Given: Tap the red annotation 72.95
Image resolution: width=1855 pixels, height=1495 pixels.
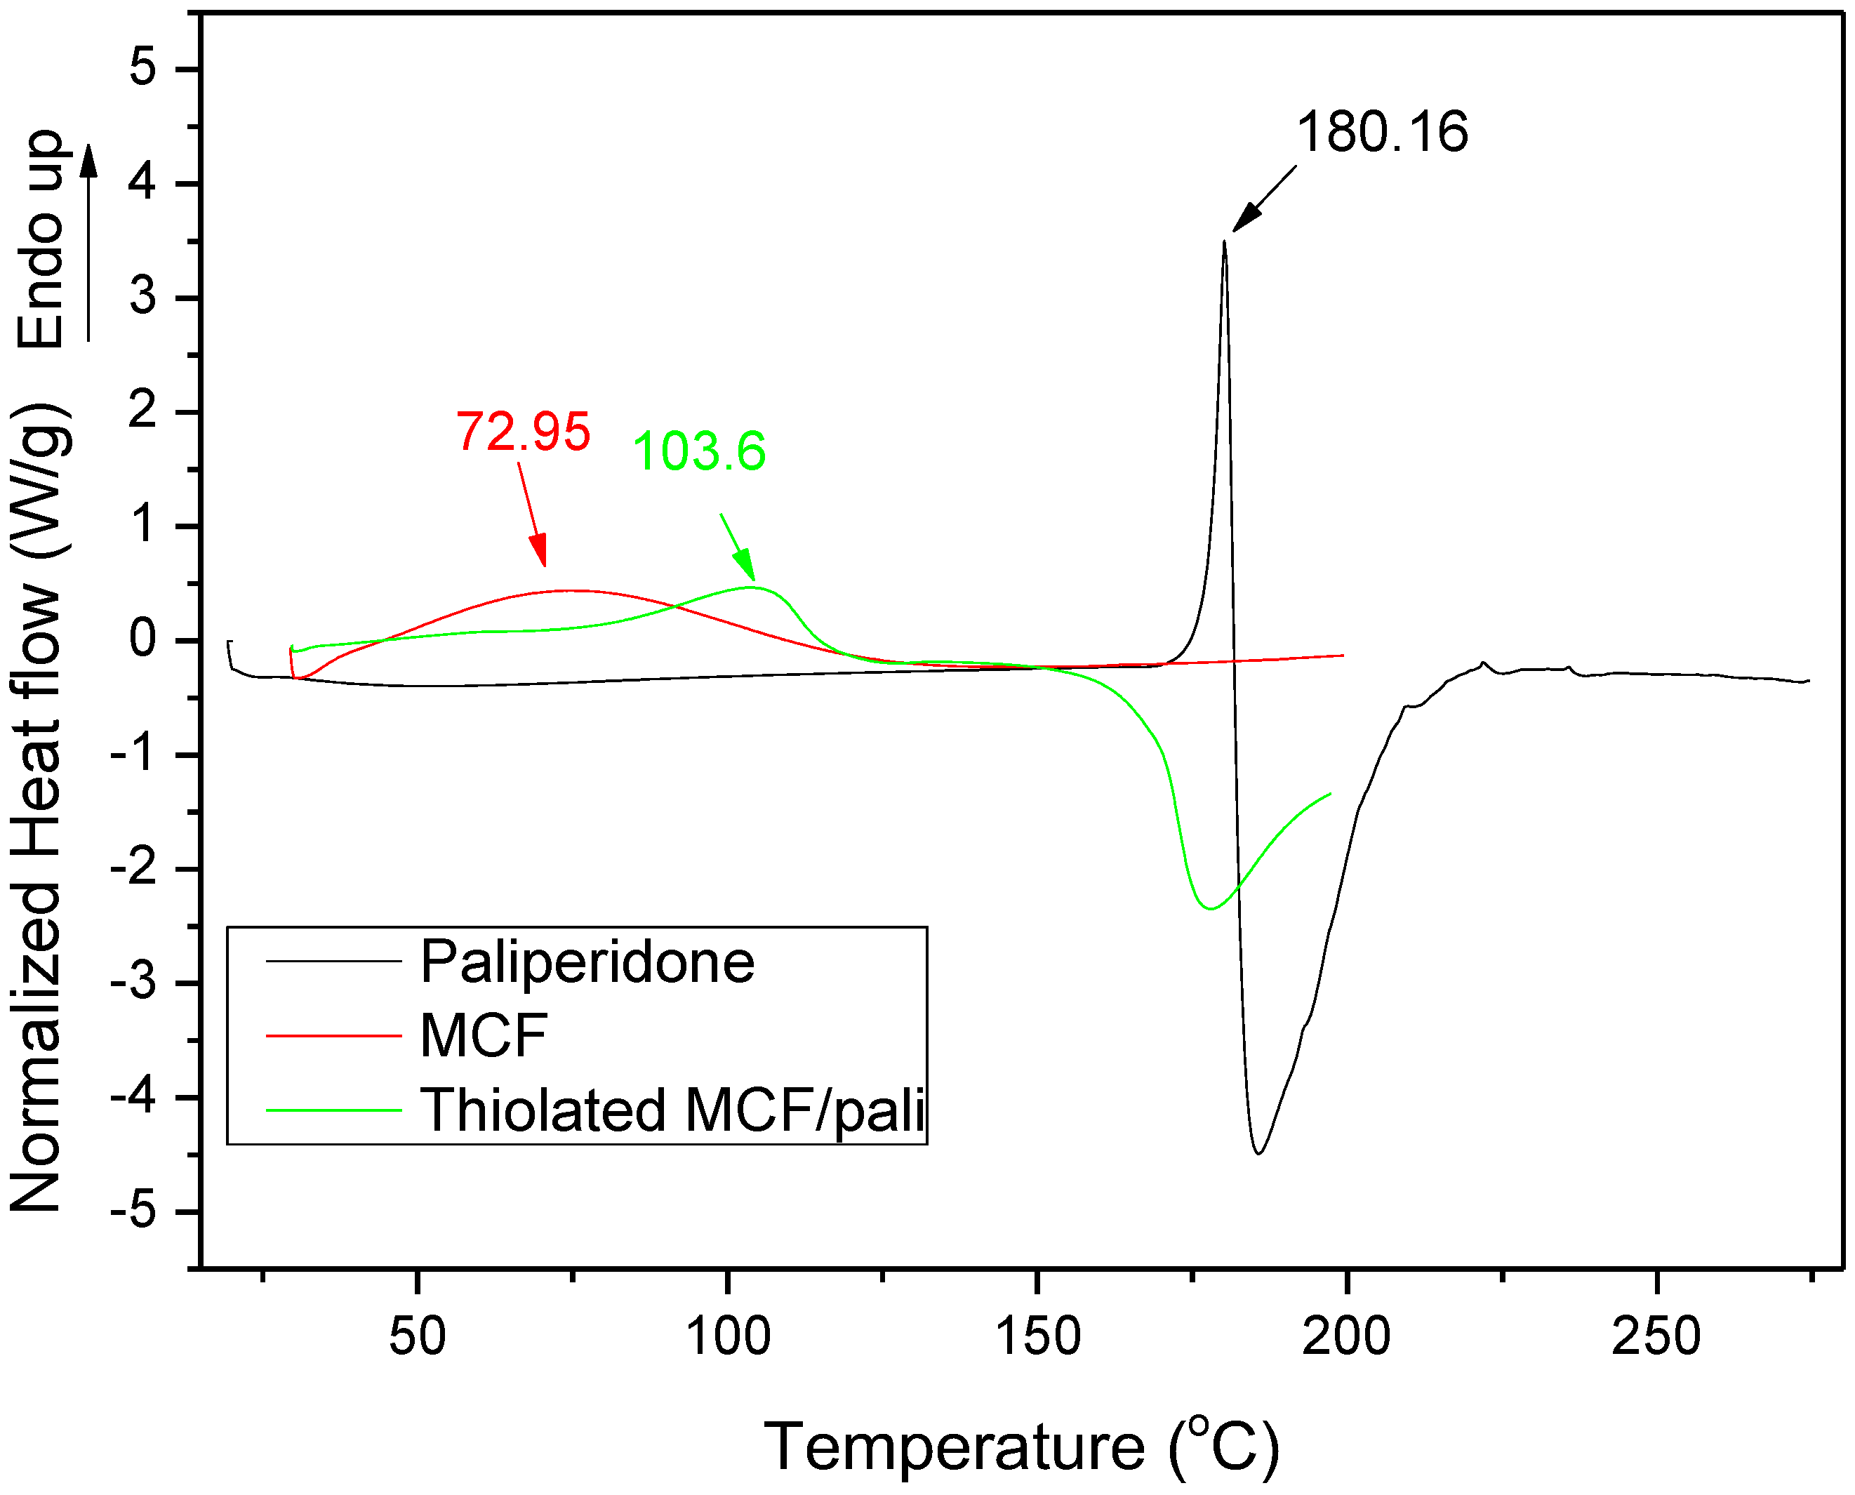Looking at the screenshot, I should (523, 432).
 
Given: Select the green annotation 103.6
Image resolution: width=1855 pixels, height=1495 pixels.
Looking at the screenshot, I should (698, 451).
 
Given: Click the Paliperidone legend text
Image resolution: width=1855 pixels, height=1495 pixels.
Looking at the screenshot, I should (587, 962).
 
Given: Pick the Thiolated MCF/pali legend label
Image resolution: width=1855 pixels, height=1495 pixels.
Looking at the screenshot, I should (672, 1110).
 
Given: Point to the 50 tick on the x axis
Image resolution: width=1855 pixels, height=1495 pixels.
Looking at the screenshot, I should (417, 1336).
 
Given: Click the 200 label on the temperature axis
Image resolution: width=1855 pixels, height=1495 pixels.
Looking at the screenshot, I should (1345, 1336).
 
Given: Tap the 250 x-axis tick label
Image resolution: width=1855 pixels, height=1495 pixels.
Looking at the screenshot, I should (1655, 1336).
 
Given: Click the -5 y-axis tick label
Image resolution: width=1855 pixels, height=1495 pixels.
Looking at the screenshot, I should (134, 1211).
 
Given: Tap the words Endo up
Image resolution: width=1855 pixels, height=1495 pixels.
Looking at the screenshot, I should (41, 239).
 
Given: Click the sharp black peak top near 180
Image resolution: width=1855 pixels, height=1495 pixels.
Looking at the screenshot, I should (1224, 243).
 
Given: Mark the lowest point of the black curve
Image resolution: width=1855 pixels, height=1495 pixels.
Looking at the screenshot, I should (1258, 1153).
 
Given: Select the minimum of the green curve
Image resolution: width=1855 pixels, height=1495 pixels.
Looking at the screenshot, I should (1211, 908).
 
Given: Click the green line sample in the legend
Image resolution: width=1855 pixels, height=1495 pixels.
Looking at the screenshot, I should (333, 1110).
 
